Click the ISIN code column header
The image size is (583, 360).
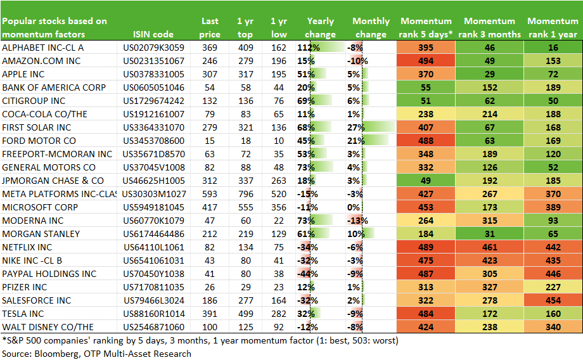click(153, 35)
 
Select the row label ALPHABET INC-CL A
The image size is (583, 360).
click(42, 48)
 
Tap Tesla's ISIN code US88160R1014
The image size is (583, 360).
click(153, 314)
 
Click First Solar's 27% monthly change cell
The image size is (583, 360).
click(356, 127)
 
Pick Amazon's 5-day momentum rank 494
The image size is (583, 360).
click(426, 61)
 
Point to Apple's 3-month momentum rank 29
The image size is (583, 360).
click(490, 74)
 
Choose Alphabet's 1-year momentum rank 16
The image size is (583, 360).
click(553, 48)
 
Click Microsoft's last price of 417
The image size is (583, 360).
click(210, 207)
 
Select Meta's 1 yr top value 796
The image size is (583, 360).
click(245, 194)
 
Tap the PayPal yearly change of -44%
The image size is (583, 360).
click(307, 274)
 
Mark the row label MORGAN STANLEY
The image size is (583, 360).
click(41, 234)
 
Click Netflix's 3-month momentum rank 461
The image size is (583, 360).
click(490, 247)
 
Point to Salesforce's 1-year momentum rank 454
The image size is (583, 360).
click(553, 300)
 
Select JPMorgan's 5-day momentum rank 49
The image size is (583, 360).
click(426, 181)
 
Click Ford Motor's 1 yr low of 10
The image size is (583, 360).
click(279, 141)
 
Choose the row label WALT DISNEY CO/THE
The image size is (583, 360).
click(48, 327)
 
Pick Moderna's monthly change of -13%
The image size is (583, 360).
click(357, 221)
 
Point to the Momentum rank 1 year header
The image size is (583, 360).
click(553, 27)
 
